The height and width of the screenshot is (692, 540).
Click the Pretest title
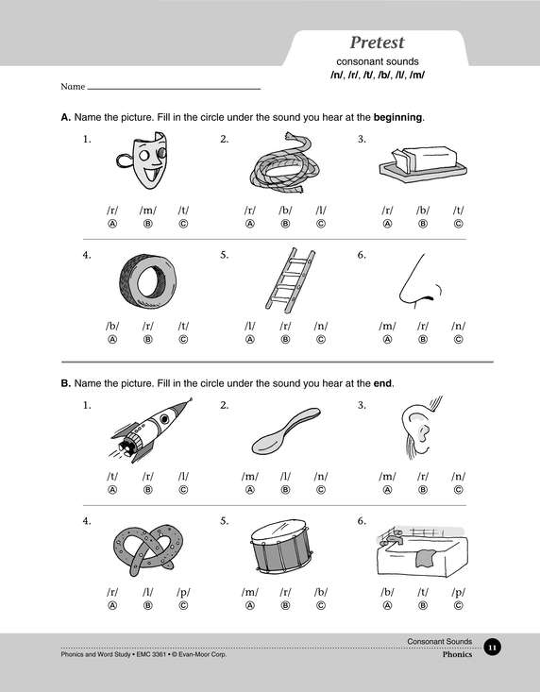[378, 42]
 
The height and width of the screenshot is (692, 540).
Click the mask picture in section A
[143, 160]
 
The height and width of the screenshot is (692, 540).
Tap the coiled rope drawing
[284, 162]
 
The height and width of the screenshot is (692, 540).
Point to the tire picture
[148, 280]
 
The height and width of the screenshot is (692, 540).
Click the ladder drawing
[290, 280]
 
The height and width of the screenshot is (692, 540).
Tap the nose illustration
[419, 280]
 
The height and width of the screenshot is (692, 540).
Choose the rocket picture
[150, 430]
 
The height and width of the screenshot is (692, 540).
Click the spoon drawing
[286, 430]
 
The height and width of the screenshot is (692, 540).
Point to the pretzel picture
[148, 549]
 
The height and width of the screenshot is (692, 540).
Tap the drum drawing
[281, 547]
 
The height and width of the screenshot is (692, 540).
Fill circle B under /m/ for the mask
[148, 224]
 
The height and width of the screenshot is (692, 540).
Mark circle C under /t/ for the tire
[183, 339]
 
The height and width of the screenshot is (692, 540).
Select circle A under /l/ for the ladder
[250, 339]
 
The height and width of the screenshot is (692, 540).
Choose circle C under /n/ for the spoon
[321, 490]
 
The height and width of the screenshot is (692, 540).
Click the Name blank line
[174, 89]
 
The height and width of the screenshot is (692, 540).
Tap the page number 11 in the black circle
[493, 648]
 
